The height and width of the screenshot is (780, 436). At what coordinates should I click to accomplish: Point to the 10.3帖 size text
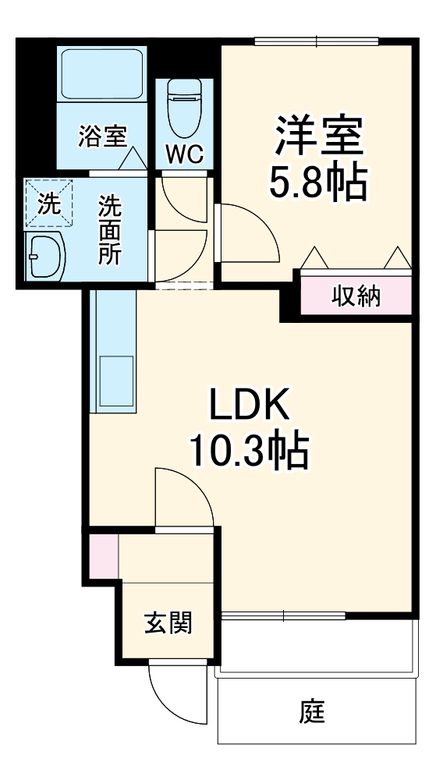248,450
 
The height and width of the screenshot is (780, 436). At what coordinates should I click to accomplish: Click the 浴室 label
102,136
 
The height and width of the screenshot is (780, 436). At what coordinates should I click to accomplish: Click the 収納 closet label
356,296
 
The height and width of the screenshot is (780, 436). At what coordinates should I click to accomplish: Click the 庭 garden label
312,711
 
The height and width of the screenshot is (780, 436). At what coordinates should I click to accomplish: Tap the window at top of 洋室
317,40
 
